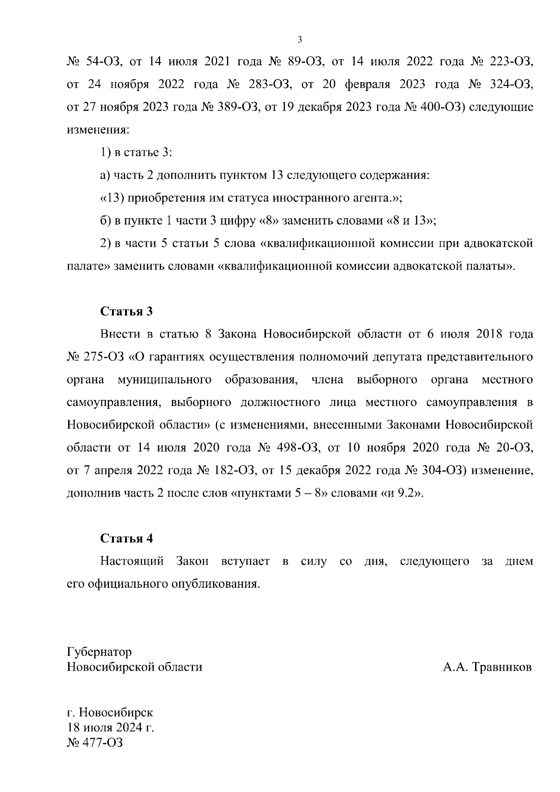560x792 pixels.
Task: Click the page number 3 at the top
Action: tap(300, 40)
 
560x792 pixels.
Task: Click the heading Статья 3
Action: tap(126, 311)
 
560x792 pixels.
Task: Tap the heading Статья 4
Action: tap(126, 538)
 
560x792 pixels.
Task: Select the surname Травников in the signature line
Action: tap(502, 667)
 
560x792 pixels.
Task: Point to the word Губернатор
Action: tap(99, 652)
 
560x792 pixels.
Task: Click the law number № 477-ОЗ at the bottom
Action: tap(95, 742)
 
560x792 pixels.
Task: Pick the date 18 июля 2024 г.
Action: tap(111, 728)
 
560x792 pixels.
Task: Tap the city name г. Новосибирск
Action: tap(110, 713)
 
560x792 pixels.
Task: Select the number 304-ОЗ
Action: tap(444, 470)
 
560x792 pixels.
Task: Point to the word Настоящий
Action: tap(132, 561)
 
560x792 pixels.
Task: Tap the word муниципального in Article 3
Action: tap(165, 379)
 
